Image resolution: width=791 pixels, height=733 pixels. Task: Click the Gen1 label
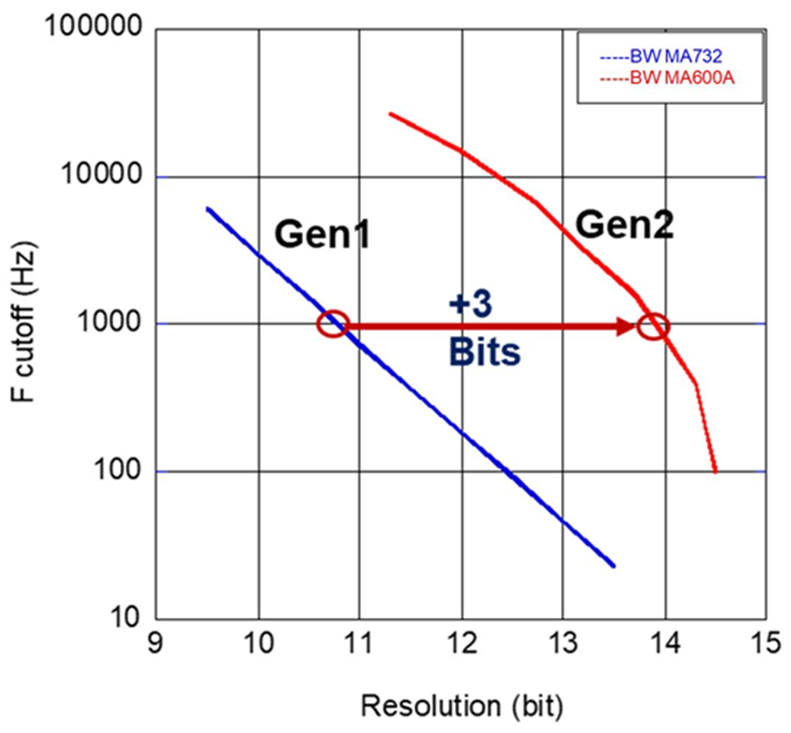click(x=321, y=235)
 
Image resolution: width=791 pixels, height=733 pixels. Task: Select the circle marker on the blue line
click(x=333, y=324)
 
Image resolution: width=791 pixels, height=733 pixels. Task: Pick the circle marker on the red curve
click(x=653, y=326)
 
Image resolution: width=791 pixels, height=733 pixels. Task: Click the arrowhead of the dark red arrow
click(x=628, y=326)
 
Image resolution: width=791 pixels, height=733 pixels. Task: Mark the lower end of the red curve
click(x=715, y=470)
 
